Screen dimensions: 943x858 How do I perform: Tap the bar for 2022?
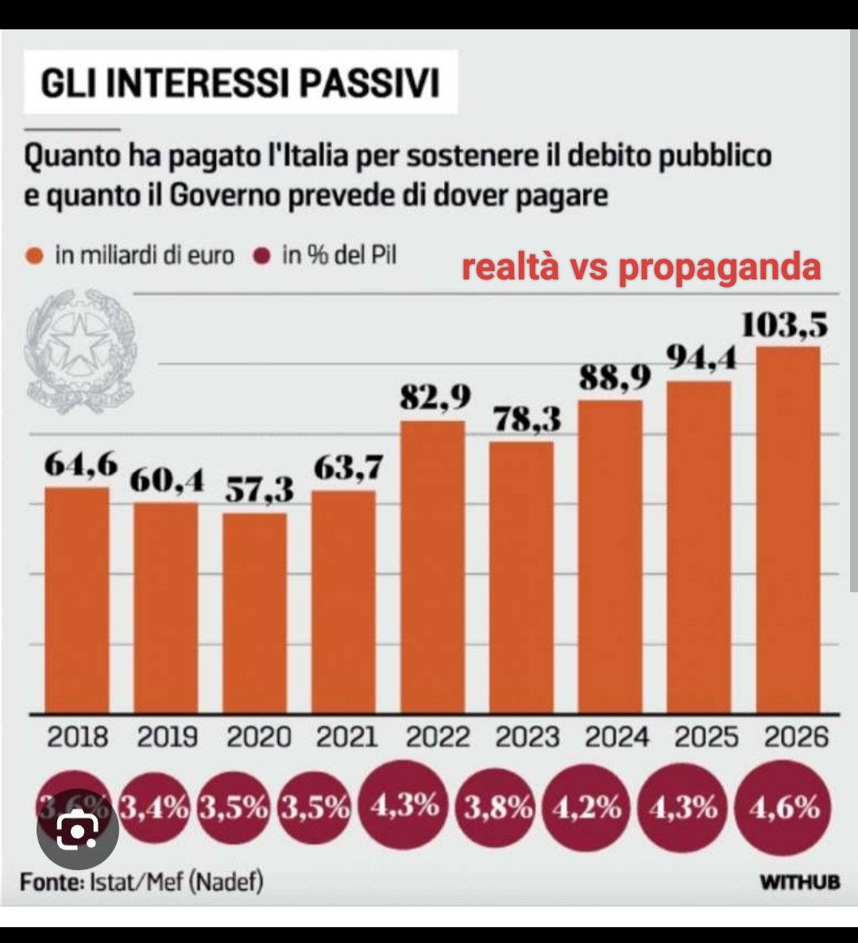point(433,567)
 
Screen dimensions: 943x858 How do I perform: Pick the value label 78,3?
point(523,420)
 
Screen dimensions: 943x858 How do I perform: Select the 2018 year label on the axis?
point(77,737)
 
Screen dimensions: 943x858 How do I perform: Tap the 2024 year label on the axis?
point(617,737)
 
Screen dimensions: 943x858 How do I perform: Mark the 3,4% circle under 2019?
point(154,808)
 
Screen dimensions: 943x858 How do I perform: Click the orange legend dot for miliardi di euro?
point(34,256)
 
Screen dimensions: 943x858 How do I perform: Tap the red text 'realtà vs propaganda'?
point(641,268)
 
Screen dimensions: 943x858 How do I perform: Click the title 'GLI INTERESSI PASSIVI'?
point(240,83)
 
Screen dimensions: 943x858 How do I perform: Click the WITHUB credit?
point(798,883)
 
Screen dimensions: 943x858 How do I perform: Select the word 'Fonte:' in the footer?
point(48,882)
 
